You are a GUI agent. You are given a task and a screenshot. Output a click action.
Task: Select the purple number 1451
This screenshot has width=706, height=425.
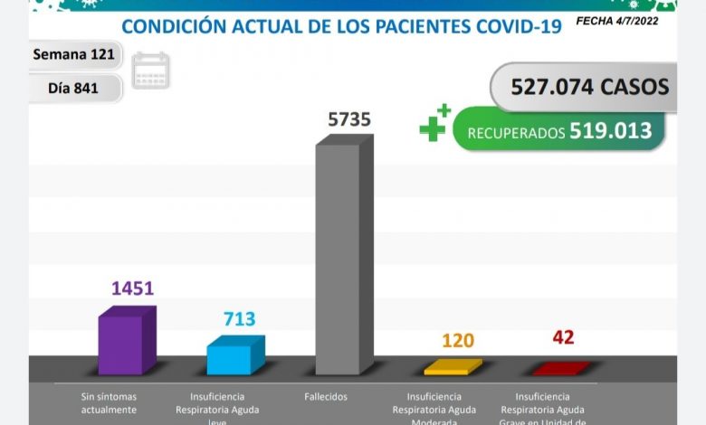[132, 288]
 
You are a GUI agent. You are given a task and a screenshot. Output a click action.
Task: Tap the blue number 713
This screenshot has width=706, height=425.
[239, 319]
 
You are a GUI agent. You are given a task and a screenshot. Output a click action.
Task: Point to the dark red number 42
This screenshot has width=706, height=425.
[562, 338]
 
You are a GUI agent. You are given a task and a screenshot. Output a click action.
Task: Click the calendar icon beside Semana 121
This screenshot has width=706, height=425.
[150, 71]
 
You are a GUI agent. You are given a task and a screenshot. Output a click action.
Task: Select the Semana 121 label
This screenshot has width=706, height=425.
[73, 54]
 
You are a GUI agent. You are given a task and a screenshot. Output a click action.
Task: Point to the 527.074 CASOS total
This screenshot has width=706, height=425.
[589, 87]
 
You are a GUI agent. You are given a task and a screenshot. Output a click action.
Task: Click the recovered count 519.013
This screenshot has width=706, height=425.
[610, 131]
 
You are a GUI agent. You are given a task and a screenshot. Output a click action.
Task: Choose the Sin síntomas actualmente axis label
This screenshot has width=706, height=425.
[109, 403]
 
